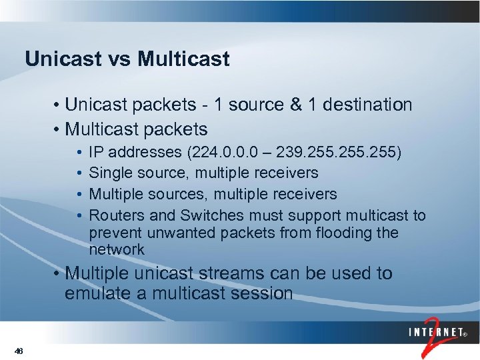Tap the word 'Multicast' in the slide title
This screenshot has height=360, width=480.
183,59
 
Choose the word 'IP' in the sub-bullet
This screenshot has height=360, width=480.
97,152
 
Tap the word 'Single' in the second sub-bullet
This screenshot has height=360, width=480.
111,173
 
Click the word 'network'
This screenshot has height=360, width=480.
117,250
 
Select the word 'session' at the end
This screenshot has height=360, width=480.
265,294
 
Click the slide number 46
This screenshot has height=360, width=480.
18,351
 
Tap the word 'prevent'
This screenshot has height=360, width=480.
114,233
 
